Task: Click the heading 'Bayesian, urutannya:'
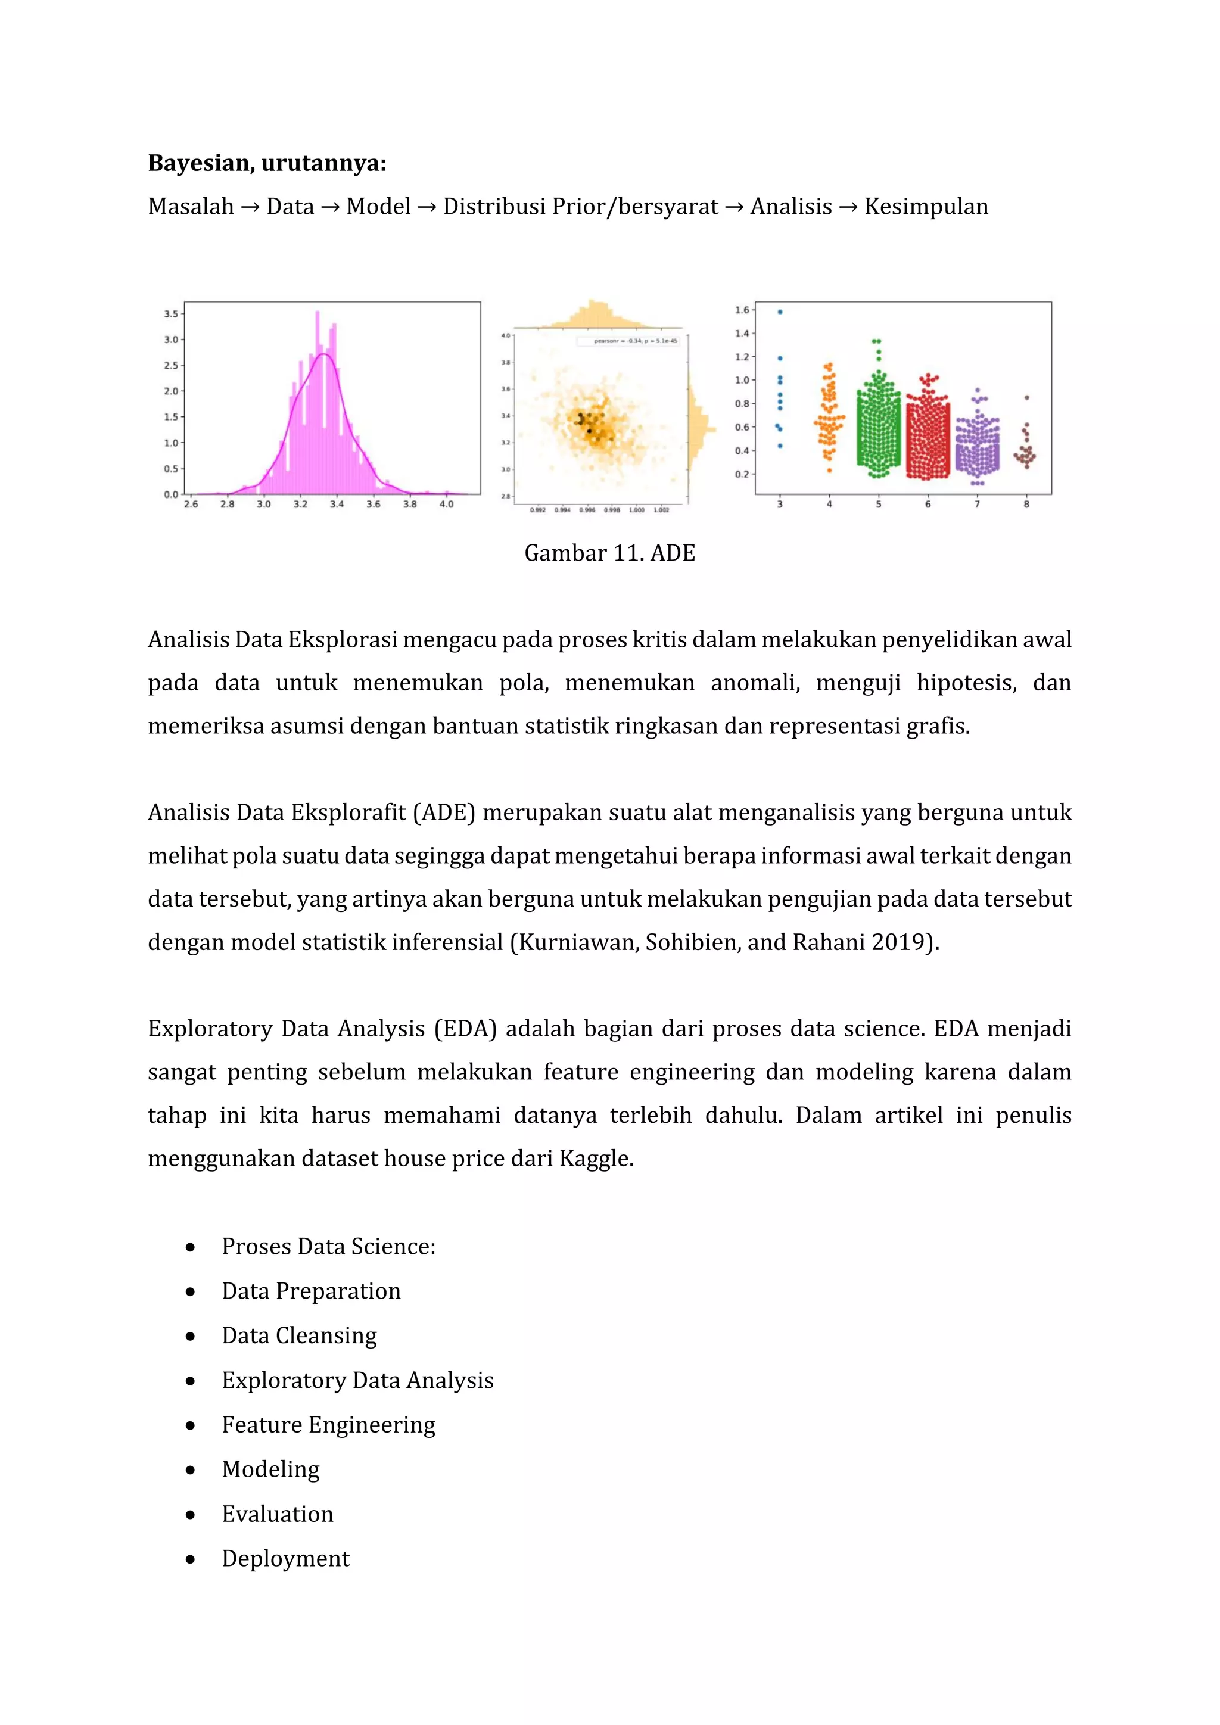click(x=267, y=163)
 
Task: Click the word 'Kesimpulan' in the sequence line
click(x=926, y=207)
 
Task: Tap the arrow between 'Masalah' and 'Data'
click(x=250, y=207)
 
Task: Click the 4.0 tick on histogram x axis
click(x=446, y=504)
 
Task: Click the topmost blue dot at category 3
click(x=780, y=311)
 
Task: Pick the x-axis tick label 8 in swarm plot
click(x=1026, y=504)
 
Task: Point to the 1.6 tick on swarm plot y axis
click(x=742, y=310)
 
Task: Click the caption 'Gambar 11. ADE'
click(x=609, y=553)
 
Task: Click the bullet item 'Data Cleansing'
click(x=299, y=1336)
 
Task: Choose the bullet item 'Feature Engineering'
click(x=328, y=1425)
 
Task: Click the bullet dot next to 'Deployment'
click(x=191, y=1559)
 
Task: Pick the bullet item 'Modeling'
click(x=270, y=1469)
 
